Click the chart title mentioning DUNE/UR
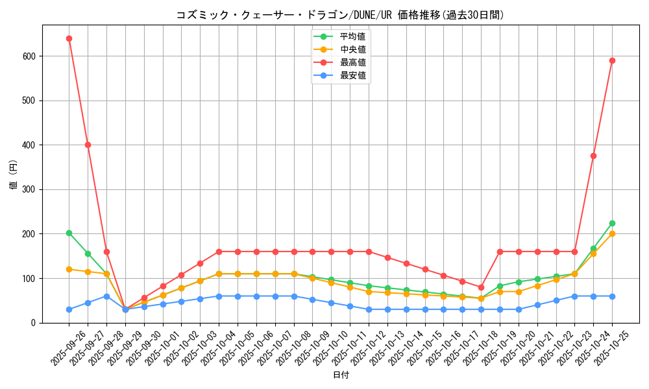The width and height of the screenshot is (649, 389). pyautogui.click(x=340, y=15)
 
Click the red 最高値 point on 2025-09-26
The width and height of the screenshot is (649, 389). pyautogui.click(x=69, y=38)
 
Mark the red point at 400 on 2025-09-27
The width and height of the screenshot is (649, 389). pyautogui.click(x=88, y=145)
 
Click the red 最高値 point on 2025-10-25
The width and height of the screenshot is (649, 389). pyautogui.click(x=612, y=60)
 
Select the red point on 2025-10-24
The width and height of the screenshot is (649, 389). pyautogui.click(x=593, y=156)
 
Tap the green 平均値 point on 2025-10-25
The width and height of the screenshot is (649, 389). pyautogui.click(x=612, y=223)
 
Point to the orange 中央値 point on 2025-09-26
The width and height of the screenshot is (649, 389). pyautogui.click(x=69, y=269)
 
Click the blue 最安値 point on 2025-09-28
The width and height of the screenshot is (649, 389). pyautogui.click(x=106, y=296)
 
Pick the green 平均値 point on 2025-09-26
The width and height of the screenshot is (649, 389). pyautogui.click(x=69, y=233)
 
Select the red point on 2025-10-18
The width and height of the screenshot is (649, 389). pyautogui.click(x=481, y=287)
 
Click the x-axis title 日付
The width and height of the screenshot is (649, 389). pyautogui.click(x=341, y=375)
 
